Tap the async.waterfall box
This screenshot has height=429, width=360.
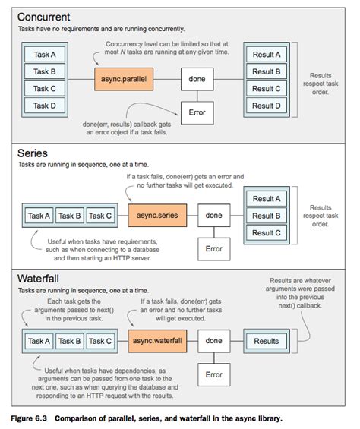[x=158, y=341]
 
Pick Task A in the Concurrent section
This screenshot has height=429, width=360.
[x=45, y=55]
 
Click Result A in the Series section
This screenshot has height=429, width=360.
[x=267, y=199]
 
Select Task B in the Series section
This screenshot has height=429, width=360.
[x=71, y=216]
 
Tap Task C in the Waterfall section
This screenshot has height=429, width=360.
[x=99, y=341]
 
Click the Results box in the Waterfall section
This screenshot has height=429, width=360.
[x=267, y=341]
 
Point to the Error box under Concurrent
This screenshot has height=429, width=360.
[x=197, y=113]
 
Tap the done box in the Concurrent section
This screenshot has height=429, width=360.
[x=197, y=78]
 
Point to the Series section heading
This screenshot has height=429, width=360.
[x=33, y=153]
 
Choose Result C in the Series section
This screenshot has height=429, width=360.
[x=267, y=232]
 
